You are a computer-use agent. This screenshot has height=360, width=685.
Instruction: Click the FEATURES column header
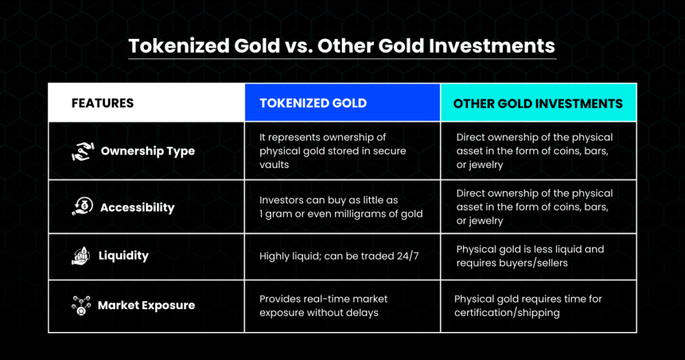[102, 103]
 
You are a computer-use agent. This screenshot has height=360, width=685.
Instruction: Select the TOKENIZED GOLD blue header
[313, 103]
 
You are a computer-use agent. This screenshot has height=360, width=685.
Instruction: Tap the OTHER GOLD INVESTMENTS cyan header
[538, 104]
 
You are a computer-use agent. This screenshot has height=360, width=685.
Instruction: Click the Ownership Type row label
[148, 151]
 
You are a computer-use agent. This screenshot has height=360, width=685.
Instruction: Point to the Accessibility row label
[137, 207]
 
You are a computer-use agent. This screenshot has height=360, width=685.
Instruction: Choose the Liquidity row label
[124, 255]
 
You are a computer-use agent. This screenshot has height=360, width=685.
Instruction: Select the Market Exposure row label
[146, 305]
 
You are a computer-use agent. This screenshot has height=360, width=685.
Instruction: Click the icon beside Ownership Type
[82, 151]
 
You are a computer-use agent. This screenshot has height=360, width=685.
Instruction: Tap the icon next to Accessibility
[82, 207]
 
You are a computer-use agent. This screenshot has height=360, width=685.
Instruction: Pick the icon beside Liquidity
[81, 256]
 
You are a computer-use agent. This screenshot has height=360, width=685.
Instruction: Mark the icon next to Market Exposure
[81, 305]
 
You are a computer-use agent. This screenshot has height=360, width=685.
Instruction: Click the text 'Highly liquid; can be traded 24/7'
[339, 256]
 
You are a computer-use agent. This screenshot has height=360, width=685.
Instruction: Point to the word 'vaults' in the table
[274, 165]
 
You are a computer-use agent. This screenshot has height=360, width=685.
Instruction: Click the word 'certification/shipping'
[507, 312]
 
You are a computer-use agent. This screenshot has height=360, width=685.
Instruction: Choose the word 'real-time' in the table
[324, 299]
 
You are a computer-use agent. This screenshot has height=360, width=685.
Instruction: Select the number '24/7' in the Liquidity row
[407, 256]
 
